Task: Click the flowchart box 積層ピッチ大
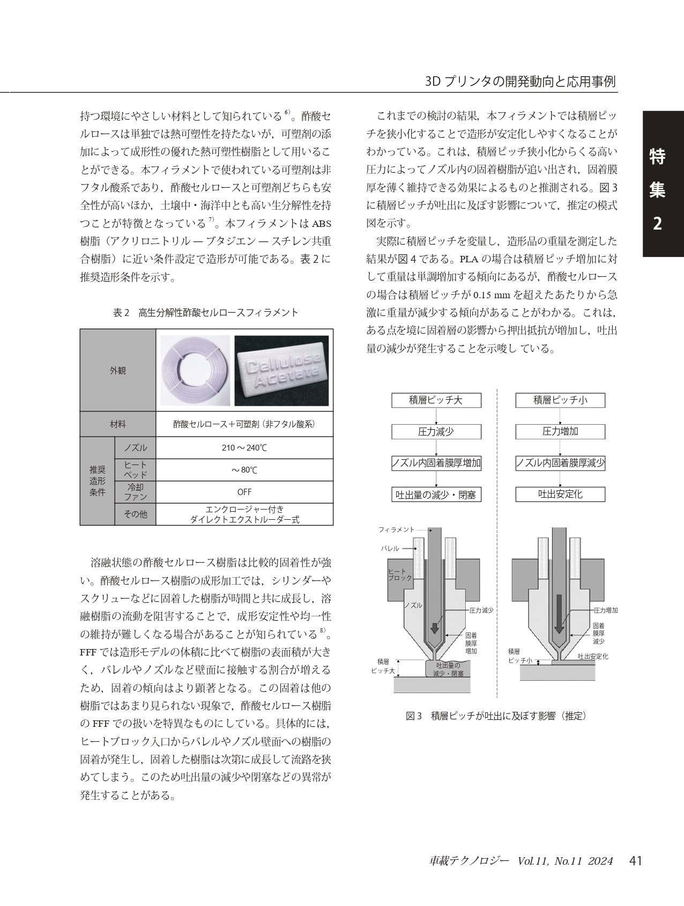436,400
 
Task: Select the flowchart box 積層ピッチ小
560,400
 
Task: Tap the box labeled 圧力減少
436,432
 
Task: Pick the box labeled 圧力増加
560,432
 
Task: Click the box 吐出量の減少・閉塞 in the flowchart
436,495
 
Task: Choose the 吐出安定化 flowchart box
560,495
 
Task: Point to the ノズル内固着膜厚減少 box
560,463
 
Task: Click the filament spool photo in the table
195,371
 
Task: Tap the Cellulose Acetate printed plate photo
282,371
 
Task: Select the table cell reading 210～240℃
244,448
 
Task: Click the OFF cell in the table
244,492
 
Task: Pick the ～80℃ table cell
244,470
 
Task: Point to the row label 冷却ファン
135,492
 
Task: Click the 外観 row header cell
118,371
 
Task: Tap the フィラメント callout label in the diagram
396,529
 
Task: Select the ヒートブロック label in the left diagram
399,574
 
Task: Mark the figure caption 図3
496,716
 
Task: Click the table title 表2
205,313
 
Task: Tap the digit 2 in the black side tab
657,224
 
